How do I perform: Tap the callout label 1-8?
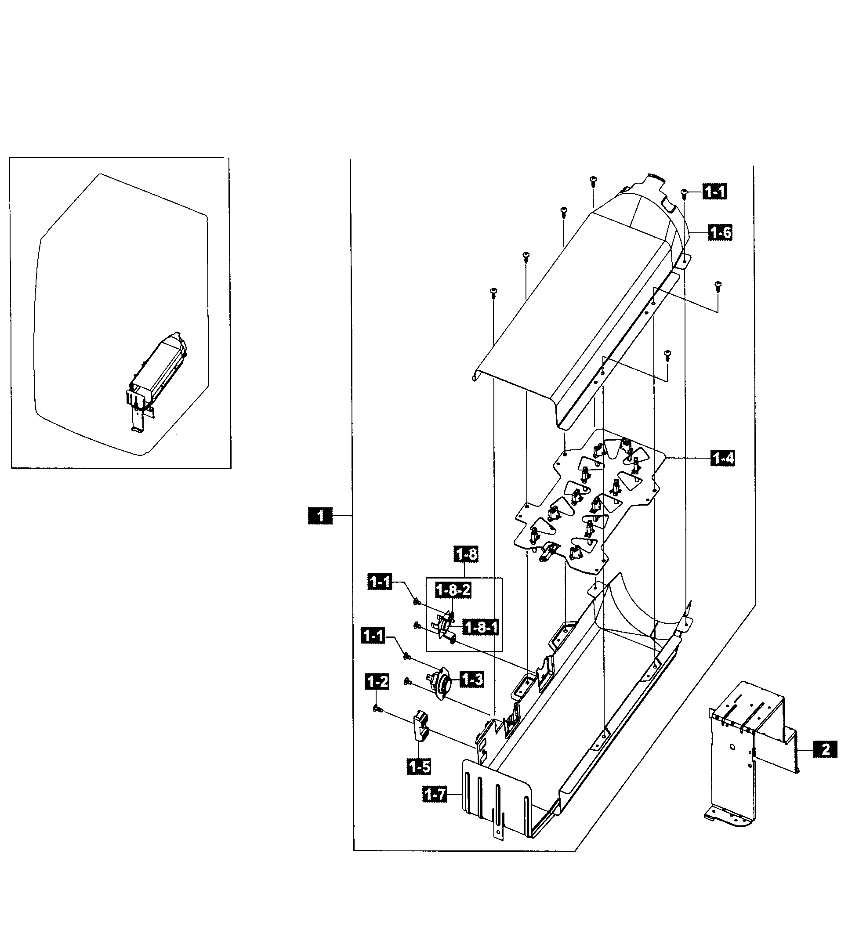466,554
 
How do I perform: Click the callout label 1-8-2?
453,590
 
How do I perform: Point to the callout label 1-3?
472,679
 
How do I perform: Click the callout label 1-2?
377,681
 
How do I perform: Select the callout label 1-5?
419,767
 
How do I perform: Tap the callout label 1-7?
435,795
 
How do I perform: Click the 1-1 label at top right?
714,191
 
